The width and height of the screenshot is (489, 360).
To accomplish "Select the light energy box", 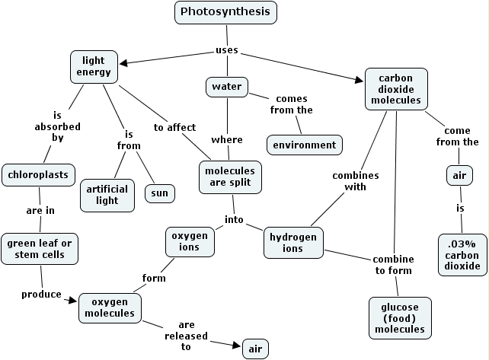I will click(94, 66).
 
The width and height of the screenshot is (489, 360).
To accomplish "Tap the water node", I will click(227, 87).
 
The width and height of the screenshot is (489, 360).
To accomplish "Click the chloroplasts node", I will click(39, 174).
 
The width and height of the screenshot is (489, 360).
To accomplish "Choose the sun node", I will click(160, 193).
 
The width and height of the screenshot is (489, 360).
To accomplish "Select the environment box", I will click(304, 144).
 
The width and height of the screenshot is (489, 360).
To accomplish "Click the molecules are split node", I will click(229, 177).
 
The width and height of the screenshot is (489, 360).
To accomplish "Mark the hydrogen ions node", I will click(293, 243).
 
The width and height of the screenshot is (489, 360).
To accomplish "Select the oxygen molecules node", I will click(109, 307).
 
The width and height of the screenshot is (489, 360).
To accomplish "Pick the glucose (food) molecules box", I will click(399, 317).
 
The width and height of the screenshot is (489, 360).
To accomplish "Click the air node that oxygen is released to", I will click(255, 349).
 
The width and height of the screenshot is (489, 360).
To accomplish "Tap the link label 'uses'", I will click(227, 50).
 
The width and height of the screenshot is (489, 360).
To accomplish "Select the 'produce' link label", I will click(41, 295).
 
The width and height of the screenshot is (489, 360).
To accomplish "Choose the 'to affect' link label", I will click(174, 127).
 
